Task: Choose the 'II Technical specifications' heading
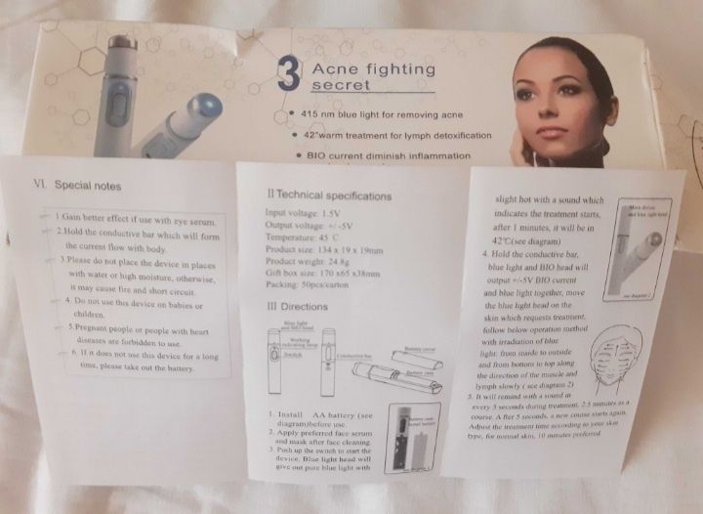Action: click(329, 196)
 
